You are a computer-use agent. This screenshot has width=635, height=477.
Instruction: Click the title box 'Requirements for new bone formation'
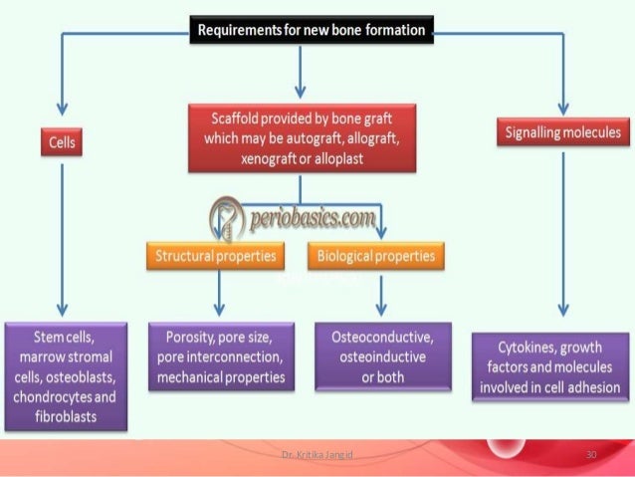[312, 30]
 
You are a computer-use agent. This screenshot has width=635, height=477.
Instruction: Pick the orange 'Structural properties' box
[214, 256]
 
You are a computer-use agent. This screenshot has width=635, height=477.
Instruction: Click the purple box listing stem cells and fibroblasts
[65, 373]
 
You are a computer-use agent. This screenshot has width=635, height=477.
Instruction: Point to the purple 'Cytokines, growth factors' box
[561, 365]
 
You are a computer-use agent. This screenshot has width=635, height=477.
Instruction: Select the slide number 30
[591, 455]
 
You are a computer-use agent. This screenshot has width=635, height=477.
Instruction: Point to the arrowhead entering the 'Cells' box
[63, 113]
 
